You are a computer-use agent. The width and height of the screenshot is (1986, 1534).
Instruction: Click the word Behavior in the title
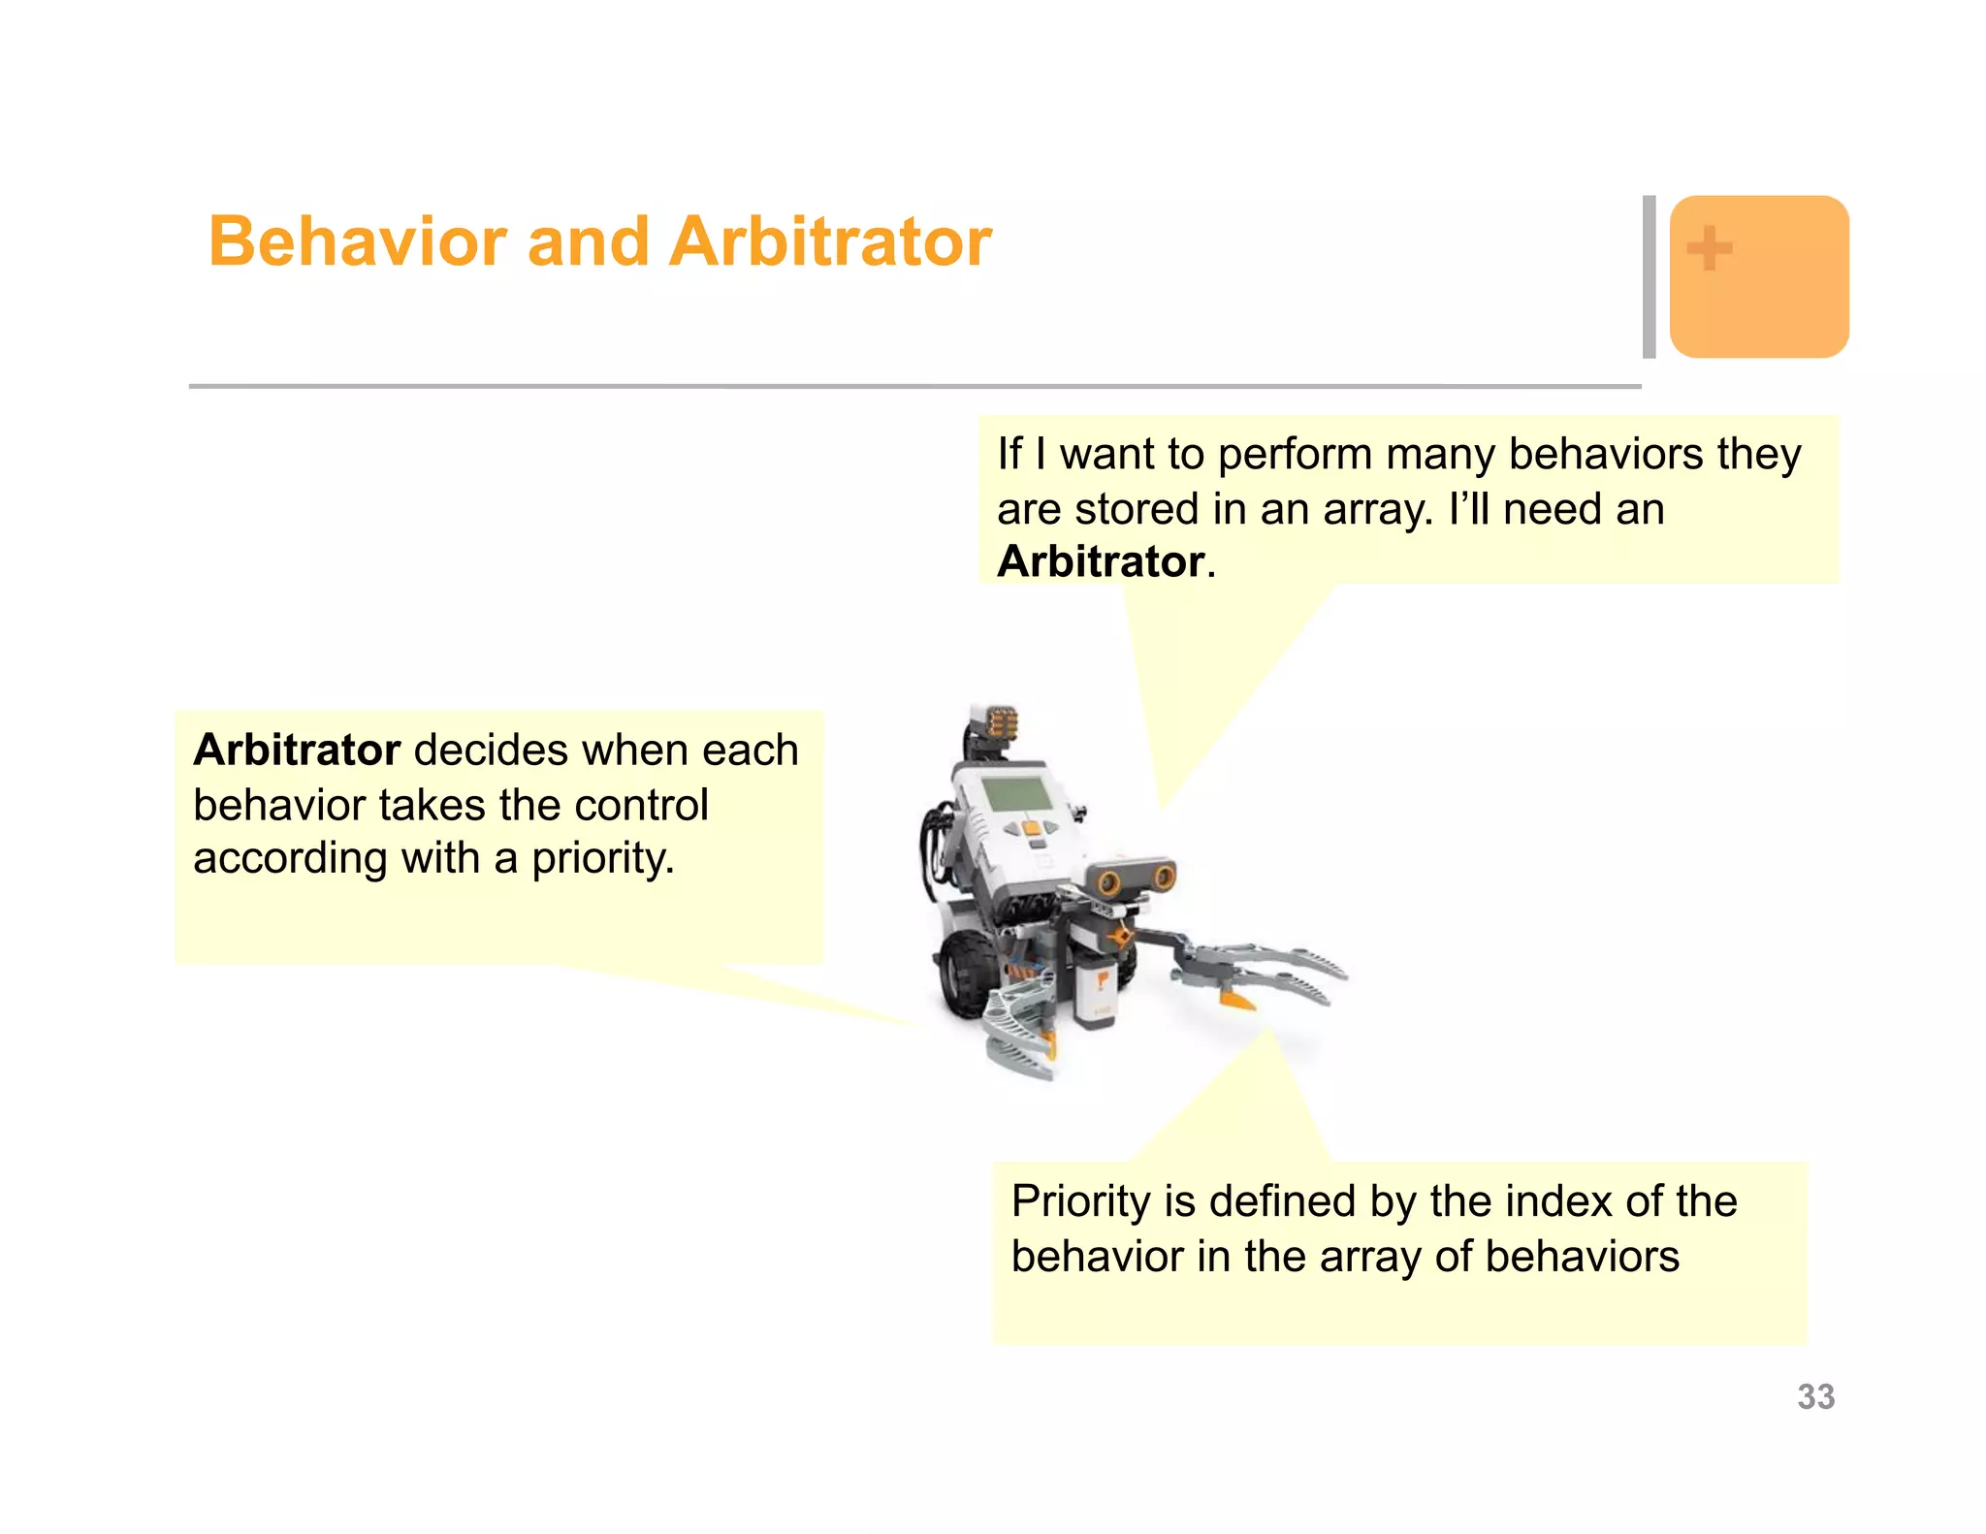tap(358, 241)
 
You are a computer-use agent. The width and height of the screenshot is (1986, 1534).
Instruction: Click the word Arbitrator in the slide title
tap(830, 241)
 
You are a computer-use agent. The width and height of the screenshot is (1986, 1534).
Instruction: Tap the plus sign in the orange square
tap(1710, 248)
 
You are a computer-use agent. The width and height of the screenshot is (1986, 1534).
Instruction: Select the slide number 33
tap(1815, 1396)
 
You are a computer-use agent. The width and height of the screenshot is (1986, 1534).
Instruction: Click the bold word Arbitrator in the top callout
tap(1101, 561)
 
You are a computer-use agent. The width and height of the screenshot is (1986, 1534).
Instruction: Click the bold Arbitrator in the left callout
tap(297, 750)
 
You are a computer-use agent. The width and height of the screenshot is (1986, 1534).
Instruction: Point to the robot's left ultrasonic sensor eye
tap(1109, 882)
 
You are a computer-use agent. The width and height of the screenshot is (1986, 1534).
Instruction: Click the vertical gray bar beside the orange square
tap(1649, 276)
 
